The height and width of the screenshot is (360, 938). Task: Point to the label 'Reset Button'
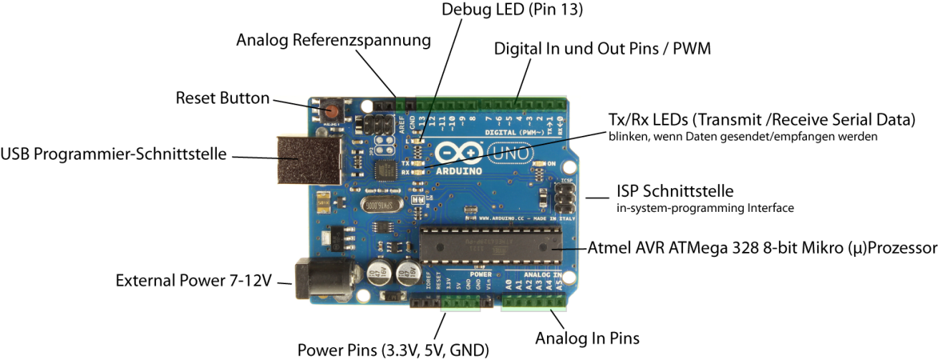click(x=223, y=98)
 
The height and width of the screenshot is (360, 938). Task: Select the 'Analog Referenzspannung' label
click(x=334, y=41)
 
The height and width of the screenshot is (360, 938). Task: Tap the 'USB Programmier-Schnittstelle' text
click(x=114, y=155)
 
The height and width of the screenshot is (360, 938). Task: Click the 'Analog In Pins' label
click(x=588, y=337)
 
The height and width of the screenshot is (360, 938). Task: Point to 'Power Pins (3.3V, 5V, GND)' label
click(x=393, y=350)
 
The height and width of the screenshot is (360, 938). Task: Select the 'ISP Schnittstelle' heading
click(x=675, y=192)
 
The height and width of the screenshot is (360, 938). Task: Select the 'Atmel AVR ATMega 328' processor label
click(x=762, y=248)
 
